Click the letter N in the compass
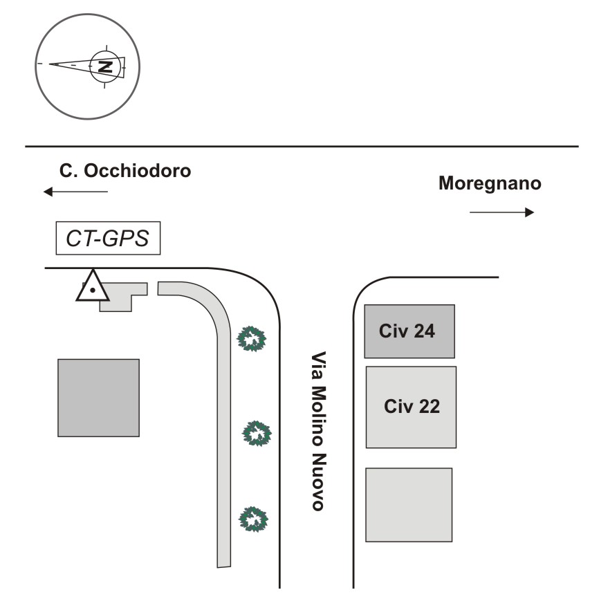point(105,66)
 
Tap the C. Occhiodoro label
point(125,170)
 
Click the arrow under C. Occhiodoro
point(75,192)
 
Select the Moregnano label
point(490,184)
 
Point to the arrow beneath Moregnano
point(501,212)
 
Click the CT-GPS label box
point(108,238)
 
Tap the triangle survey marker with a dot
point(93,286)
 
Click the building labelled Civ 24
point(409,331)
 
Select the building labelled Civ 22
point(411,407)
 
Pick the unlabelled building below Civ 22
point(409,505)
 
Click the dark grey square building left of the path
point(98,398)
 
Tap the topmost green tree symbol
point(251,338)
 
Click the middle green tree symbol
point(257,433)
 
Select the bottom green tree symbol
point(253,519)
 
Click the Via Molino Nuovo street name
point(318,431)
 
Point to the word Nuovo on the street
point(318,481)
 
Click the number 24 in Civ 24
point(424,331)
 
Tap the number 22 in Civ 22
point(430,407)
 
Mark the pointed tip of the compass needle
point(50,64)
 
